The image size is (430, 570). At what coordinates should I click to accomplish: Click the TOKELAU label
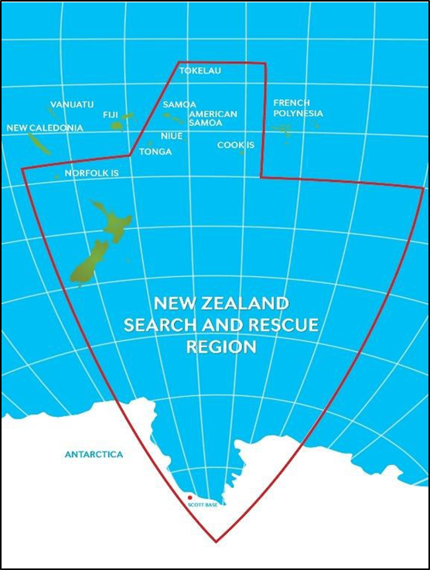(x=200, y=71)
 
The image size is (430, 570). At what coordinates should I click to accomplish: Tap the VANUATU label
(x=72, y=104)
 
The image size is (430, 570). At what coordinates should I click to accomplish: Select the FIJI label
(x=111, y=114)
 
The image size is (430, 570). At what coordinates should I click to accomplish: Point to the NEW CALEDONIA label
(x=45, y=128)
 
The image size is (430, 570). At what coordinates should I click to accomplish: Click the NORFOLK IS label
(x=91, y=173)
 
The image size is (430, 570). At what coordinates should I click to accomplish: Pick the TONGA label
(x=155, y=152)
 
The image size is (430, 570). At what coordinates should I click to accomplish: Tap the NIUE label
(x=172, y=136)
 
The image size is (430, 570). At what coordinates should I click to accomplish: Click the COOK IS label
(x=236, y=145)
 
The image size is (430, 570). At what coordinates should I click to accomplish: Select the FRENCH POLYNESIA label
(x=297, y=108)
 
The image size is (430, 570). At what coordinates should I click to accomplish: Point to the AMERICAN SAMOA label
(x=213, y=118)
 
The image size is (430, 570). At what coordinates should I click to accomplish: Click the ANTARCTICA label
(x=94, y=455)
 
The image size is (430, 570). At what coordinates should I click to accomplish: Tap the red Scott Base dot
(x=189, y=497)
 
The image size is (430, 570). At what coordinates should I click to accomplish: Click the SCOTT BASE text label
(x=203, y=505)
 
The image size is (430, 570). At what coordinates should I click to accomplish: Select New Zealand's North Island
(x=114, y=220)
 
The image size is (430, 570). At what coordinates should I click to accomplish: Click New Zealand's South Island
(x=89, y=263)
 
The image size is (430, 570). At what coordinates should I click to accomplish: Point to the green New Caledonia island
(x=38, y=143)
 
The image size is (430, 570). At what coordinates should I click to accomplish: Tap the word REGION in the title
(x=221, y=347)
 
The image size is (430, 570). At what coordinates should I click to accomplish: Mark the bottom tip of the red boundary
(x=216, y=541)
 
